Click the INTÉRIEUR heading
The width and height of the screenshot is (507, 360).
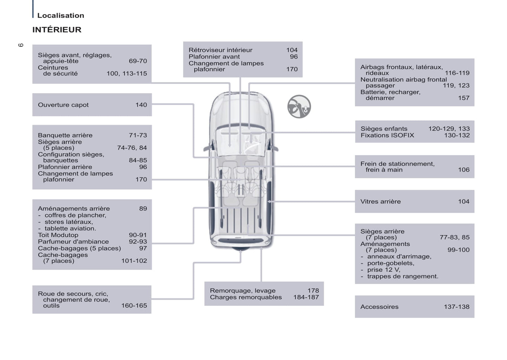pyautogui.click(x=57, y=30)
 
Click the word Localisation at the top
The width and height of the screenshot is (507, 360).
pyautogui.click(x=61, y=15)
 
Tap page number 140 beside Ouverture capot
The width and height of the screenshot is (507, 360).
pyautogui.click(x=141, y=105)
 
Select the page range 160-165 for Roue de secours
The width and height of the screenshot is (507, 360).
pyautogui.click(x=134, y=306)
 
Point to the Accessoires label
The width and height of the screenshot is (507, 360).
pyautogui.click(x=379, y=307)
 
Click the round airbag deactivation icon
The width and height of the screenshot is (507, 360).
pyautogui.click(x=299, y=107)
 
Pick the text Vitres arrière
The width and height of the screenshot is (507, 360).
pyautogui.click(x=380, y=202)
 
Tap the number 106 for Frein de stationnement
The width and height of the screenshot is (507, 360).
pyautogui.click(x=463, y=170)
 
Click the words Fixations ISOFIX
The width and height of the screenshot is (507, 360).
pyautogui.click(x=387, y=135)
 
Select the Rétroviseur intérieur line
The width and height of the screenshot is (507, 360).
pyautogui.click(x=220, y=50)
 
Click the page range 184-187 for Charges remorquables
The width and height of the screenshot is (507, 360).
pyautogui.click(x=306, y=297)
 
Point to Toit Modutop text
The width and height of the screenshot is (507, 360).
pyautogui.click(x=58, y=235)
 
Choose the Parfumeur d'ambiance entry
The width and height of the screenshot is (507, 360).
pyautogui.click(x=73, y=242)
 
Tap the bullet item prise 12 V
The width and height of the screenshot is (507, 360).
pyautogui.click(x=383, y=270)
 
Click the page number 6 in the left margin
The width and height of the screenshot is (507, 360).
pyautogui.click(x=21, y=45)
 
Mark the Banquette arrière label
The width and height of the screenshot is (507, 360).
pyautogui.click(x=65, y=135)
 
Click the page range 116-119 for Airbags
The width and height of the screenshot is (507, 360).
pyautogui.click(x=457, y=73)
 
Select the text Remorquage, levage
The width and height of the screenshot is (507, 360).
pyautogui.click(x=242, y=291)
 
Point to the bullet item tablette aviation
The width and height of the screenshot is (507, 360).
pyautogui.click(x=70, y=228)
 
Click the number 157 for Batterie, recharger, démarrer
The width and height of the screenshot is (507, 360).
pyautogui.click(x=463, y=98)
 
